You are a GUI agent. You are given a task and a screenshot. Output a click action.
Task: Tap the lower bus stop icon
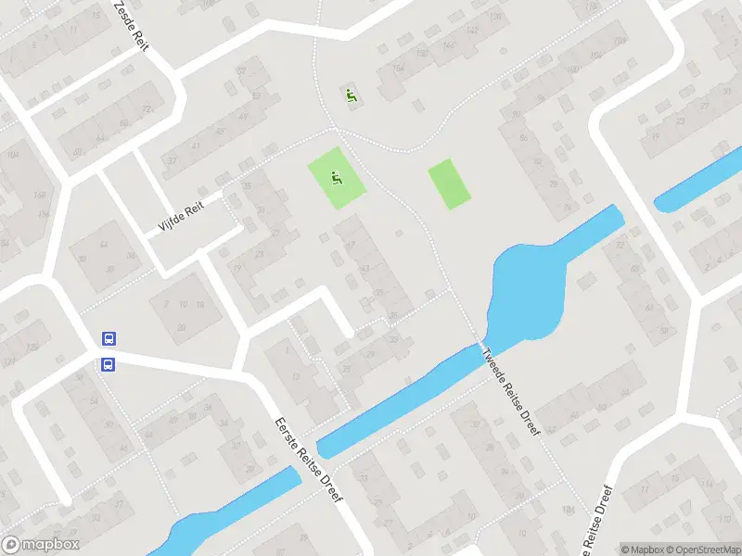click(108, 364)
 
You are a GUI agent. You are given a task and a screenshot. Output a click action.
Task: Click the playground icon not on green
click(351, 95)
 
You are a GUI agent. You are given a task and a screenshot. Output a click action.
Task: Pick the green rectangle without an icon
click(449, 183)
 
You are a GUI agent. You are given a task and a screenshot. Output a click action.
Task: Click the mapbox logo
click(40, 545)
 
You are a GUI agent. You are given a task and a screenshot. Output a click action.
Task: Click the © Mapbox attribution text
click(641, 549)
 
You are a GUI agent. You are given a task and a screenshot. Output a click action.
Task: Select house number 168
click(39, 196)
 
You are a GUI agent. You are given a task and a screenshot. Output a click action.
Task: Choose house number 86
click(525, 138)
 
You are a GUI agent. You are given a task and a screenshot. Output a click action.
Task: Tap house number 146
click(449, 45)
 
